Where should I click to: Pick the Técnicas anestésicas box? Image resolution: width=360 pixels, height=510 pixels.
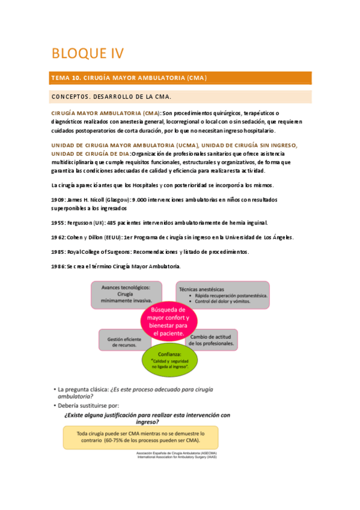[x=222, y=295]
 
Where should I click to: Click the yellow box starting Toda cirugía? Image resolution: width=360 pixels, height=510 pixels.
[x=141, y=437]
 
